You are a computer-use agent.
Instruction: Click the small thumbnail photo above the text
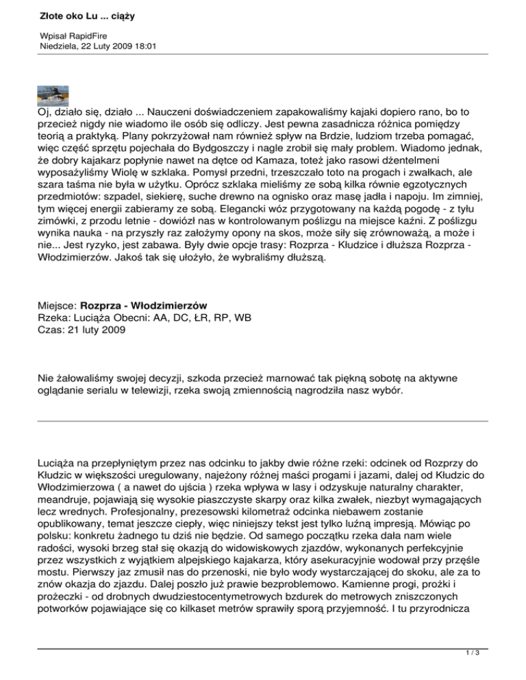pyautogui.click(x=55, y=93)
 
